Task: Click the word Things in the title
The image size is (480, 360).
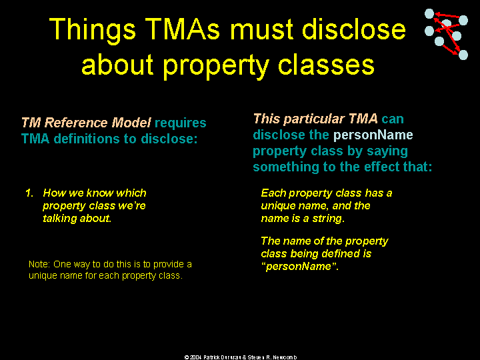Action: click(x=93, y=30)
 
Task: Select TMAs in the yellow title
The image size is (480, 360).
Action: click(x=183, y=29)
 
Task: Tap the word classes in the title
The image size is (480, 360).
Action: click(x=326, y=65)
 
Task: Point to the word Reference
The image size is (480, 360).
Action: click(x=76, y=123)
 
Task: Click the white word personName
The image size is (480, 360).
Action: click(x=373, y=135)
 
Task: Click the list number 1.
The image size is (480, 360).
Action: click(x=29, y=193)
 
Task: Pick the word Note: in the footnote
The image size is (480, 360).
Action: click(x=39, y=264)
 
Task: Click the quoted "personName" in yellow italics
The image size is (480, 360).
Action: click(x=299, y=266)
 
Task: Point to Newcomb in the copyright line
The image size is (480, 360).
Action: click(x=285, y=357)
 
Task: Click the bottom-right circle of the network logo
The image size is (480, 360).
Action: click(x=463, y=55)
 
